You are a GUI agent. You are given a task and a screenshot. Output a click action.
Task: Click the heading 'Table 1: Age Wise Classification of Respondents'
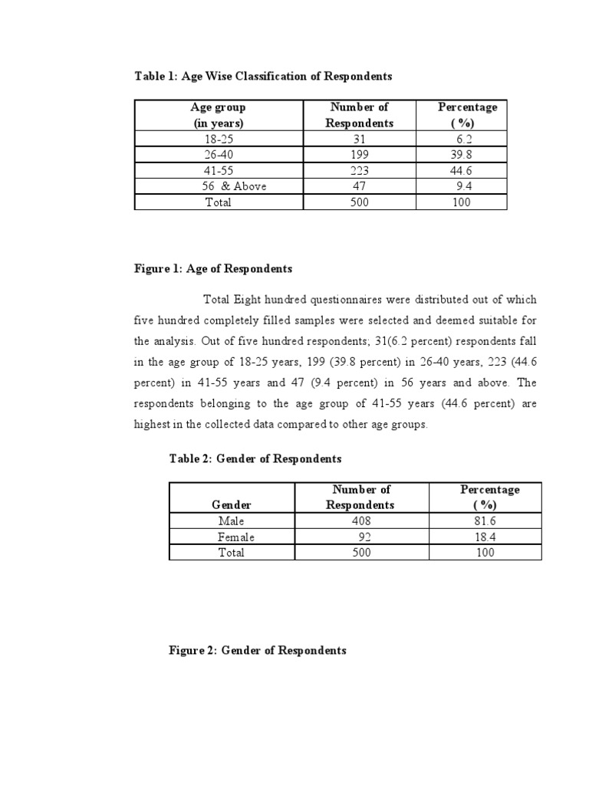[263, 76]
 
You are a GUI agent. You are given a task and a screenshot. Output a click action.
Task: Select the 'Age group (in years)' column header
[218, 115]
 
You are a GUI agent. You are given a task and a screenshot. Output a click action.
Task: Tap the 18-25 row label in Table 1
[218, 140]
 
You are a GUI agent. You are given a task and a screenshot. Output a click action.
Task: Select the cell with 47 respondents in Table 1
[359, 186]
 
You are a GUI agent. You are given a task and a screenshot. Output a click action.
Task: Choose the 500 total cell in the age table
[359, 202]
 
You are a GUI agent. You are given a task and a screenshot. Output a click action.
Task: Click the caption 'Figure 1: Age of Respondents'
[213, 269]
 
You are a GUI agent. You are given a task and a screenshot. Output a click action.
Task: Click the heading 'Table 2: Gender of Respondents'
[255, 458]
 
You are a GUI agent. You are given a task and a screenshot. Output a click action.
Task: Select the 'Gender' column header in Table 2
[231, 504]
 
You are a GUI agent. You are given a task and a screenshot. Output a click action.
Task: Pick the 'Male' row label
[231, 521]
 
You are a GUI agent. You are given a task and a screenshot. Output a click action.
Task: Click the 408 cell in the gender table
[359, 521]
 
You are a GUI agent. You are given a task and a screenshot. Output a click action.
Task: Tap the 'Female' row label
[236, 537]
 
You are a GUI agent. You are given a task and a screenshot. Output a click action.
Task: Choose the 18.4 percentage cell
[485, 537]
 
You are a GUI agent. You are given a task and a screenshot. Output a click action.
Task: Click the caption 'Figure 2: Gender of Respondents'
[257, 650]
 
